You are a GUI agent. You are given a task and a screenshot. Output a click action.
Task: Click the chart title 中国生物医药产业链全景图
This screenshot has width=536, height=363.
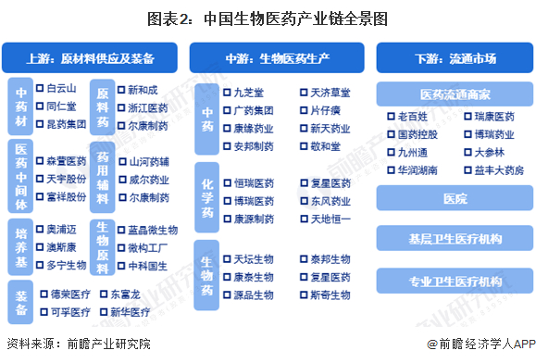coord(268,18)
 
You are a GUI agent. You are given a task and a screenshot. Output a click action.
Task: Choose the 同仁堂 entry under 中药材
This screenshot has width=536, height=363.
coord(61,106)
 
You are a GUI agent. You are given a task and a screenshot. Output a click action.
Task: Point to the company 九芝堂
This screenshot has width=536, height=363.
coord(249,93)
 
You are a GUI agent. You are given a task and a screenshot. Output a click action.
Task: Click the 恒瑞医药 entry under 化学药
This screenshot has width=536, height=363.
coord(254,183)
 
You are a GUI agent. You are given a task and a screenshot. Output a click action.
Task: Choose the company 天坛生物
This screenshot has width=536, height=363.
coord(254,259)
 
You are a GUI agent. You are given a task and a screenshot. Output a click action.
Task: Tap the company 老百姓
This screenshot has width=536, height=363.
coord(413,117)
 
